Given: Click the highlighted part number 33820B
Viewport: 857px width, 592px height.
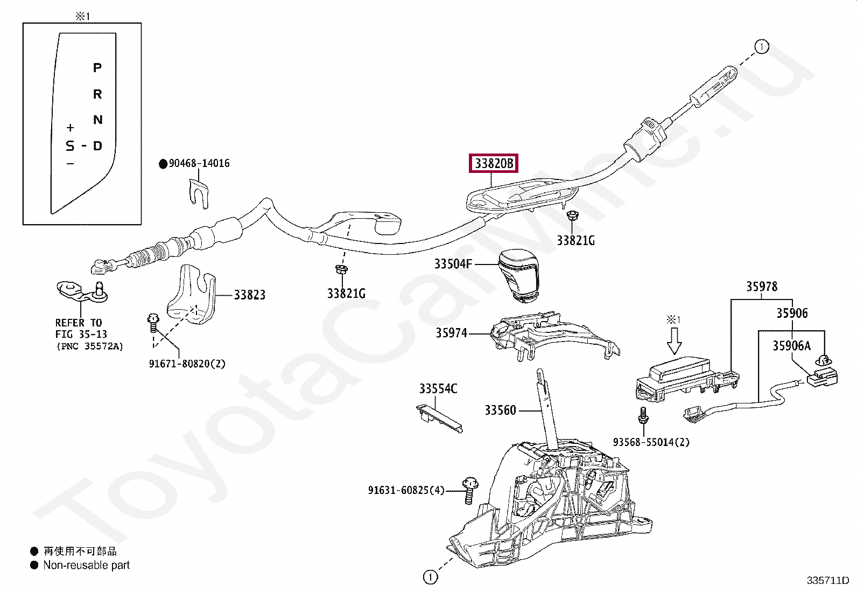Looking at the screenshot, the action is click(x=494, y=164).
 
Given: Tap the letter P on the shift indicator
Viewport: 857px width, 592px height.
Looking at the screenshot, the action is click(x=97, y=68).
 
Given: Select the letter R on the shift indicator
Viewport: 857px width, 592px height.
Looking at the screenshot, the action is click(x=97, y=94).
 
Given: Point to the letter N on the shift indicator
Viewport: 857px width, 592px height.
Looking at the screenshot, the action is click(x=98, y=120).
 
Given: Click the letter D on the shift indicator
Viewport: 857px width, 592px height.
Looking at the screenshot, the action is click(x=98, y=146).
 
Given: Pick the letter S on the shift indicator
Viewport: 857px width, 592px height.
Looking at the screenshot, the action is click(x=70, y=146).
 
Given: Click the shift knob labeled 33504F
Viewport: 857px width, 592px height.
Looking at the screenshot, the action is click(x=518, y=276).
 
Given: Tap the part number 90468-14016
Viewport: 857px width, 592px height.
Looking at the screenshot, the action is click(x=199, y=164).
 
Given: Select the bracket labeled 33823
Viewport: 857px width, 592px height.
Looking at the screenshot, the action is click(x=191, y=294).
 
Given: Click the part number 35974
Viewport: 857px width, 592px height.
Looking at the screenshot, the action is click(x=452, y=333).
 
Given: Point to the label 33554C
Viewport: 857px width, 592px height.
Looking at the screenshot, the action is click(x=438, y=389).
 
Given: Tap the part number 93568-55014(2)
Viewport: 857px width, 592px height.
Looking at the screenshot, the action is click(x=651, y=442).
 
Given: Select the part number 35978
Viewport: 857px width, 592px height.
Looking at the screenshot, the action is click(x=762, y=287).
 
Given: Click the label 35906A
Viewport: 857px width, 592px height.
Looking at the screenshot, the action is click(x=791, y=346).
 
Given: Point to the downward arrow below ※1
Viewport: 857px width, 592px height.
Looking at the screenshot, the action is click(x=674, y=341).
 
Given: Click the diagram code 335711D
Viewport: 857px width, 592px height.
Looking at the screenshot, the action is click(x=827, y=581).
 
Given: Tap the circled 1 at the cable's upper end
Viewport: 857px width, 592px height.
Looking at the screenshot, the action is click(x=762, y=47).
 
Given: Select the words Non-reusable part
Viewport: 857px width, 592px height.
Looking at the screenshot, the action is click(x=87, y=565).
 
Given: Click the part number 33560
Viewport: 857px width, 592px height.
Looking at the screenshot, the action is click(x=501, y=410).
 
